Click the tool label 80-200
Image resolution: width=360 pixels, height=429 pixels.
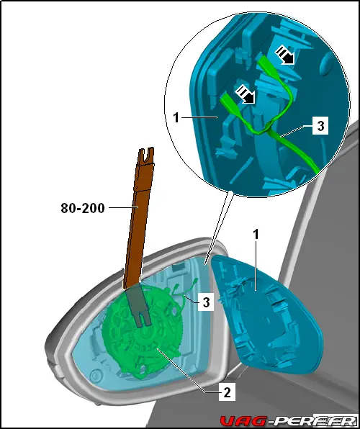(83, 208)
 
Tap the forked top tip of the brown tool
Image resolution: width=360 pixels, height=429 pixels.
(146, 154)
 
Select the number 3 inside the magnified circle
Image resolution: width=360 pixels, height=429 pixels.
(320, 126)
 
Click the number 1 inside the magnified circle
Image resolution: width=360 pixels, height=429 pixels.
(176, 118)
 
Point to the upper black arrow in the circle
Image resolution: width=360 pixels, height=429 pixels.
(285, 55)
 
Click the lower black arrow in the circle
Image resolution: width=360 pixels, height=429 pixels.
(246, 94)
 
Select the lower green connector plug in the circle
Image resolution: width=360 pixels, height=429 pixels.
(230, 101)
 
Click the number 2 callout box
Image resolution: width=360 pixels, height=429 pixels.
(227, 393)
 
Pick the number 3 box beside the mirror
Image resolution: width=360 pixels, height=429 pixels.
(206, 302)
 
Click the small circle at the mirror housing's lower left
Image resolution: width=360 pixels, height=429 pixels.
(96, 374)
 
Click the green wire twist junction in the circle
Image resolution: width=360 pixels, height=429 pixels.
(267, 130)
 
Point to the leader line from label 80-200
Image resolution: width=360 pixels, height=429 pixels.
(122, 207)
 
